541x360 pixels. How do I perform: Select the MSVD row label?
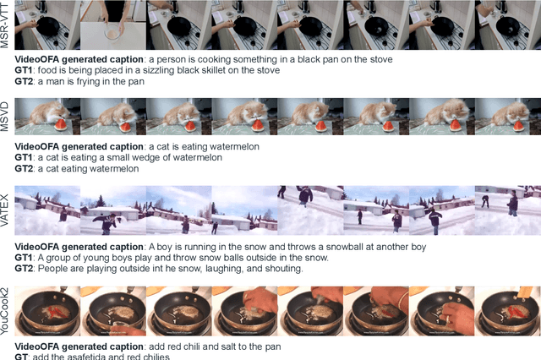(x=6, y=117)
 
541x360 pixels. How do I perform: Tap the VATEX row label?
(x=6, y=210)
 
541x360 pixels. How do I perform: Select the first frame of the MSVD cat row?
(x=47, y=117)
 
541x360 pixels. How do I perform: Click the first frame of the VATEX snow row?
(x=47, y=210)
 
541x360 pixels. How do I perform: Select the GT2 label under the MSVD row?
(x=26, y=168)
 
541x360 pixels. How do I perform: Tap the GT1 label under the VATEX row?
(x=26, y=258)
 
